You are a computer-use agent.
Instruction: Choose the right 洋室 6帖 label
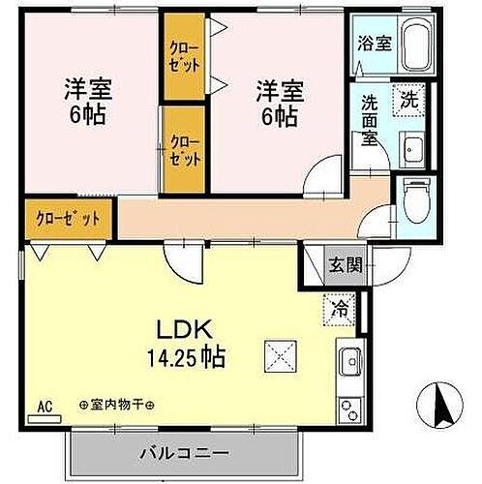[280, 102]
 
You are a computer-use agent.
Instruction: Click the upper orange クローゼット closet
[185, 56]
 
